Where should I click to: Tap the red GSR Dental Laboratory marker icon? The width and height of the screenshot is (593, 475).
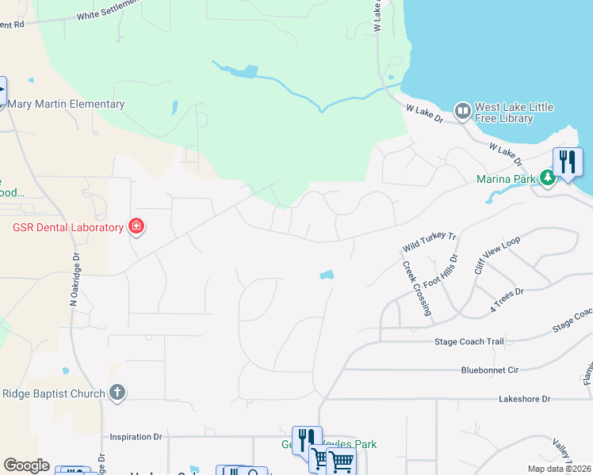pyautogui.click(x=136, y=227)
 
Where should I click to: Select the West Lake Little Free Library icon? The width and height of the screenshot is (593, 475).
pyautogui.click(x=461, y=109)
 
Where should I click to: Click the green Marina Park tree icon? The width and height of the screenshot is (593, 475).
pyautogui.click(x=547, y=179)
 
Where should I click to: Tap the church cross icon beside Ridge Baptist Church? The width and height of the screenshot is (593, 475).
pyautogui.click(x=117, y=393)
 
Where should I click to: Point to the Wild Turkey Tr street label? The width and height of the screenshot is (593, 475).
pyautogui.click(x=430, y=237)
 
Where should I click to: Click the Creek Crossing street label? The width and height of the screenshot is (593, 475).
pyautogui.click(x=417, y=289)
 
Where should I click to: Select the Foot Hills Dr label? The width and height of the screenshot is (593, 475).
pyautogui.click(x=441, y=272)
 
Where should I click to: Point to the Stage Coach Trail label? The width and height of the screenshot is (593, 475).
pyautogui.click(x=469, y=342)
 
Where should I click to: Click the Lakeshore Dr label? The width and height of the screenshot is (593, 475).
pyautogui.click(x=524, y=400)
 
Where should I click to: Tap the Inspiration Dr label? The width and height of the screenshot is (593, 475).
pyautogui.click(x=136, y=436)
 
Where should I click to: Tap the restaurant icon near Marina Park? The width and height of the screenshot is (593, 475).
pyautogui.click(x=568, y=161)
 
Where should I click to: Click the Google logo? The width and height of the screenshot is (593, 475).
pyautogui.click(x=26, y=465)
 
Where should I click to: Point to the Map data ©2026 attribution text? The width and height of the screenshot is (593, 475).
pyautogui.click(x=559, y=469)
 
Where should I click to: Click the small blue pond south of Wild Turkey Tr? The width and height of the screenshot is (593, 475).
pyautogui.click(x=327, y=275)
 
